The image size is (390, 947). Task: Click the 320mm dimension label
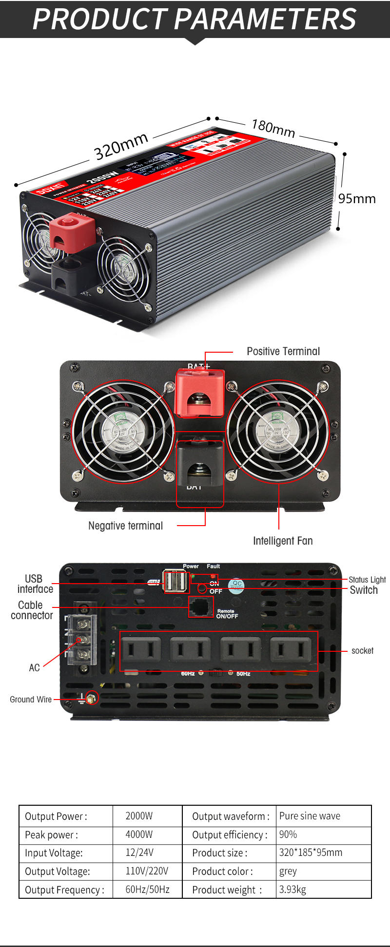pos(121,146)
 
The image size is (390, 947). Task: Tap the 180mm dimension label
pos(273,128)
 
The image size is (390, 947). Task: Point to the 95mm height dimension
pos(357,199)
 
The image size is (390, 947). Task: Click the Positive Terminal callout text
pos(283,351)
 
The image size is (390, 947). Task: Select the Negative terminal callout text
pos(125,526)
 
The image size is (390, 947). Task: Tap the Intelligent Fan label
pos(283,541)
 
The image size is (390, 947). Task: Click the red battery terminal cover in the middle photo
pos(200,392)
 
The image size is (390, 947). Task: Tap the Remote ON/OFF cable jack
pos(201,607)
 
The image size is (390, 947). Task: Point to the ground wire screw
pos(91,698)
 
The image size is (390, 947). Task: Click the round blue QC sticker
pos(237,585)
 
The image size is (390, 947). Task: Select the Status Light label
pos(367,580)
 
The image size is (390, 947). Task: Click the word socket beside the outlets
pos(362,651)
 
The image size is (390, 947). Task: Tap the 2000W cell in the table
pos(139,816)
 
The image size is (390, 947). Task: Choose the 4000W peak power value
pos(139,834)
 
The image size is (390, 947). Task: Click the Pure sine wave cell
pos(310,816)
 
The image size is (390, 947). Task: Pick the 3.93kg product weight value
pos(292,890)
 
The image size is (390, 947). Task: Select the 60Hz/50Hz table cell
pos(147,890)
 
